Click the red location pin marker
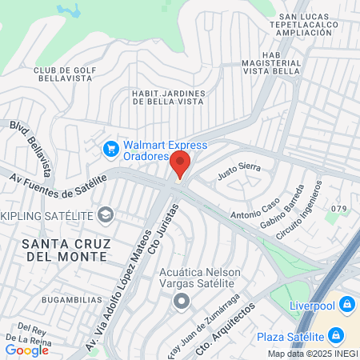pyautogui.click(x=180, y=165)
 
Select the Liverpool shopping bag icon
pyautogui.click(x=346, y=304)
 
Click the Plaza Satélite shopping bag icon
pyautogui.click(x=337, y=334)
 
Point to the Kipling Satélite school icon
pyautogui.click(x=105, y=215)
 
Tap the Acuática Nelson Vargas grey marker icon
pyautogui.click(x=182, y=302)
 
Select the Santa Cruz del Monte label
pyautogui.click(x=65, y=249)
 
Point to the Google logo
pyautogui.click(x=26, y=350)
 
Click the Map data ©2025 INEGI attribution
pyautogui.click(x=311, y=354)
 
